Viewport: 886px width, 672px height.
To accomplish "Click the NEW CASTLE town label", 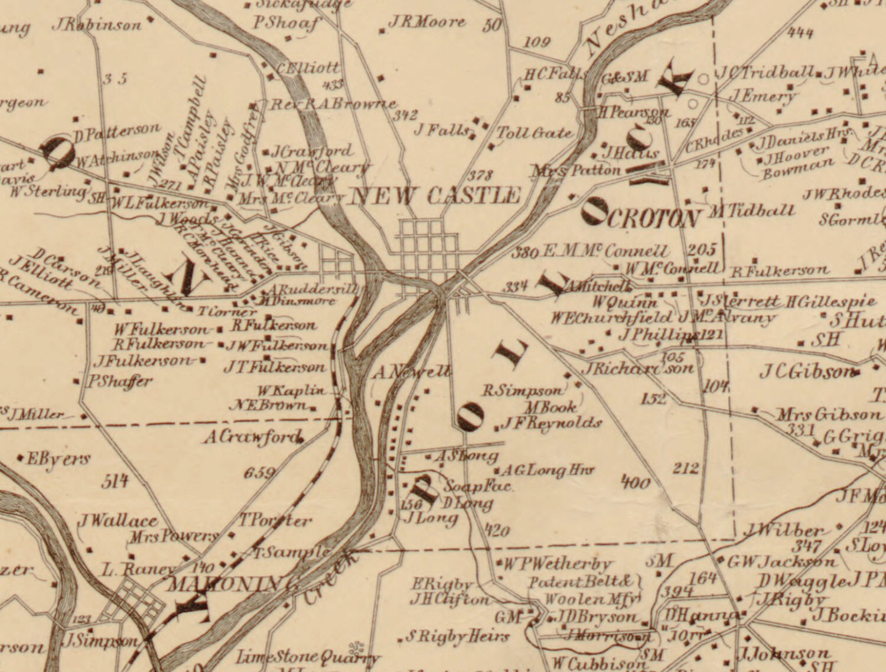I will pos(435,196).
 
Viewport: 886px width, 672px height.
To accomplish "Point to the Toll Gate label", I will pos(534,133).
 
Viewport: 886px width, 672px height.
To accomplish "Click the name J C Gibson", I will pos(807,372).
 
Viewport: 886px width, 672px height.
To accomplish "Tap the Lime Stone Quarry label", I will pos(307,657).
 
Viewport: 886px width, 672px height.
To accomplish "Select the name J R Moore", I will pos(426,22).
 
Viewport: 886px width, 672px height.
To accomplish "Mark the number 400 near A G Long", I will pos(636,483).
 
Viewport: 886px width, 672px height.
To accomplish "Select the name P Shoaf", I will pos(286,23).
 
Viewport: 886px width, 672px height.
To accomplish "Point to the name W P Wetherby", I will pos(557,564).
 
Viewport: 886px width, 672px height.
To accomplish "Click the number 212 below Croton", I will pos(686,469).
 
